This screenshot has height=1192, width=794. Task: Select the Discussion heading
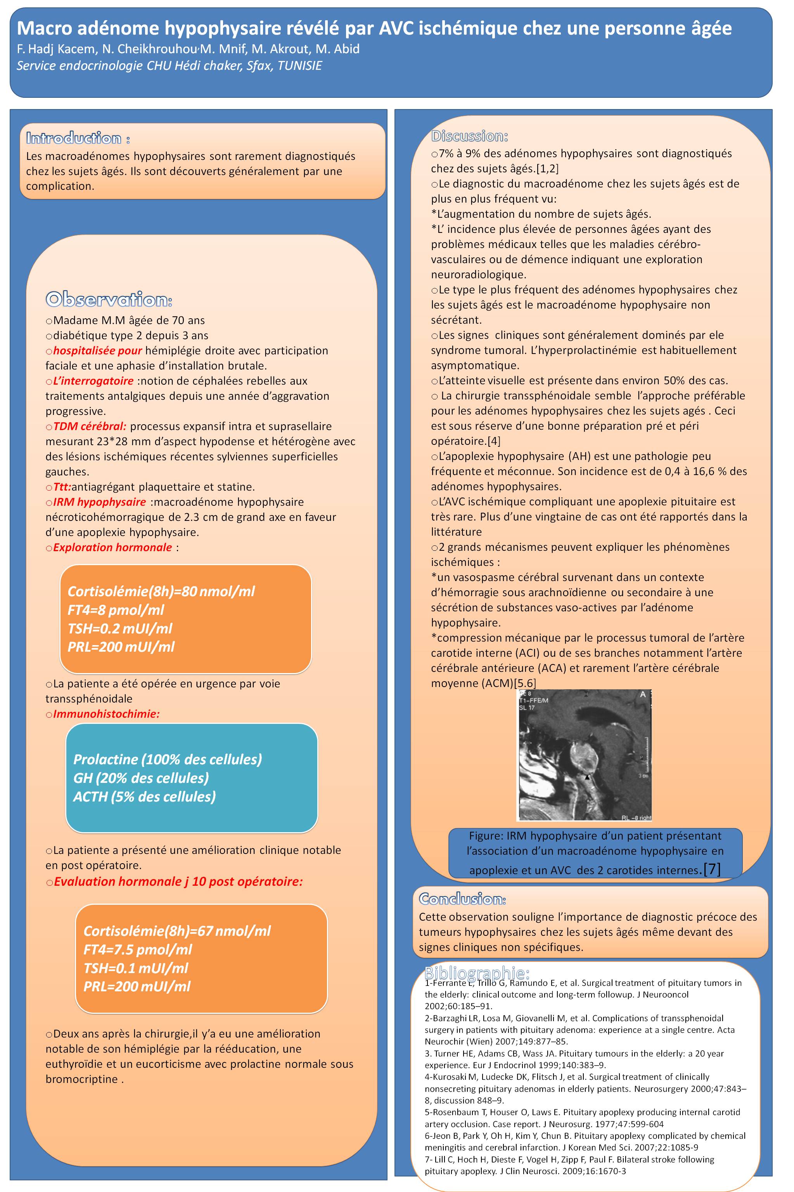click(469, 136)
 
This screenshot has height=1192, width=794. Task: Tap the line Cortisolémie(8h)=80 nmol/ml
click(161, 591)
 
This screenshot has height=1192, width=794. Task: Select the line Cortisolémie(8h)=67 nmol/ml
click(177, 931)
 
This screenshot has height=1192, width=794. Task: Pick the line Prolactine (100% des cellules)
click(168, 759)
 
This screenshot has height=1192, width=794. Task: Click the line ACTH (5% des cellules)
click(144, 796)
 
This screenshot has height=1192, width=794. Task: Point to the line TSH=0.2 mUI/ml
click(120, 628)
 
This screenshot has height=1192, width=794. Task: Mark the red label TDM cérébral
click(90, 427)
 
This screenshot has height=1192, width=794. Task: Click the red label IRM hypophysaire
click(99, 502)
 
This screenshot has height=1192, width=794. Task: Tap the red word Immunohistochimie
click(106, 714)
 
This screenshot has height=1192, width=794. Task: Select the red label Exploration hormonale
click(112, 547)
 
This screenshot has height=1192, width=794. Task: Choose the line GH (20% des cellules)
click(141, 777)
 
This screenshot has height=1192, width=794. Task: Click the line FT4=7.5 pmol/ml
click(138, 949)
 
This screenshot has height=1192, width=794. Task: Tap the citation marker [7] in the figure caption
click(712, 869)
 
